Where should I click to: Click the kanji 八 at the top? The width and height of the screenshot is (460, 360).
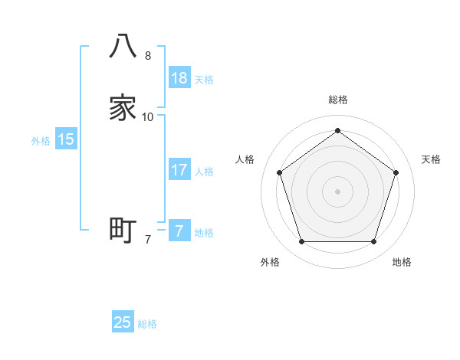pos(123,46)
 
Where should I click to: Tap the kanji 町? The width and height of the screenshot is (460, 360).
pos(123,229)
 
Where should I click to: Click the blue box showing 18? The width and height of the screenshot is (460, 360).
pos(179,77)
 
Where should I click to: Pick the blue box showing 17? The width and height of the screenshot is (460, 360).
pos(179,170)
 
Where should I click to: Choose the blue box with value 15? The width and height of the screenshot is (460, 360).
pos(66,139)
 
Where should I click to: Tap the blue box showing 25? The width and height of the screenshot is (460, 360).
pos(123,322)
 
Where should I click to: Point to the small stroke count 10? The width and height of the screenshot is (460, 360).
pos(148,117)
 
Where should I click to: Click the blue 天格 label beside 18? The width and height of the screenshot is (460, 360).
pos(204,79)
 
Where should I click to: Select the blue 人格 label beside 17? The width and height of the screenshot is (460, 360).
pos(204,172)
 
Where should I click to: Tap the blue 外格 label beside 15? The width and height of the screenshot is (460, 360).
pos(40,141)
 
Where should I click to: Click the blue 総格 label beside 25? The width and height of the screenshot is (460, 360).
pos(147,324)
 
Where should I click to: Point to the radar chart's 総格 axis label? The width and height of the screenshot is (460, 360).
pos(337,100)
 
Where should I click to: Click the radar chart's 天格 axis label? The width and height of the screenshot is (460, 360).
pos(431,159)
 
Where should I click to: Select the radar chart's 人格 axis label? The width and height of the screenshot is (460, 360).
pos(245,159)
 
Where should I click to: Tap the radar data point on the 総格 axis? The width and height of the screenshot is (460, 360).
pos(337,131)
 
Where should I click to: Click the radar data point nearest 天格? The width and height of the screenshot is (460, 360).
pos(396,172)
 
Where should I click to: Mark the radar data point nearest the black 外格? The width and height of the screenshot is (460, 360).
pos(301,242)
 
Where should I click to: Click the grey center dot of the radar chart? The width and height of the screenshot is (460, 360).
pos(337,191)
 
